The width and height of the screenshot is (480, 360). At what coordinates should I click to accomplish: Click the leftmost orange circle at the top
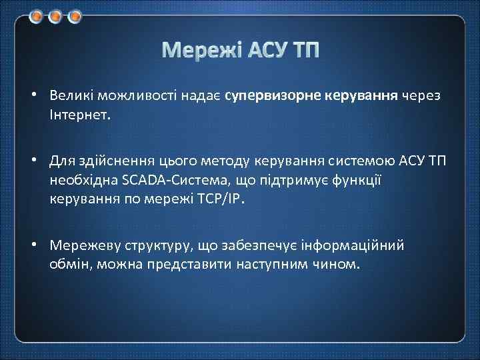coord(37,15)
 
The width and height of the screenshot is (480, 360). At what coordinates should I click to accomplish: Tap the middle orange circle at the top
coord(55,15)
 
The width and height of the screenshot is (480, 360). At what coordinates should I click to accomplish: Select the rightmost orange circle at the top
coord(74,15)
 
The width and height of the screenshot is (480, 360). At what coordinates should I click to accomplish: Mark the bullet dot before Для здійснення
coord(33,161)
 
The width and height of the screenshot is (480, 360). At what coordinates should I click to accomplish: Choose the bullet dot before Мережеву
coord(33,245)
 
